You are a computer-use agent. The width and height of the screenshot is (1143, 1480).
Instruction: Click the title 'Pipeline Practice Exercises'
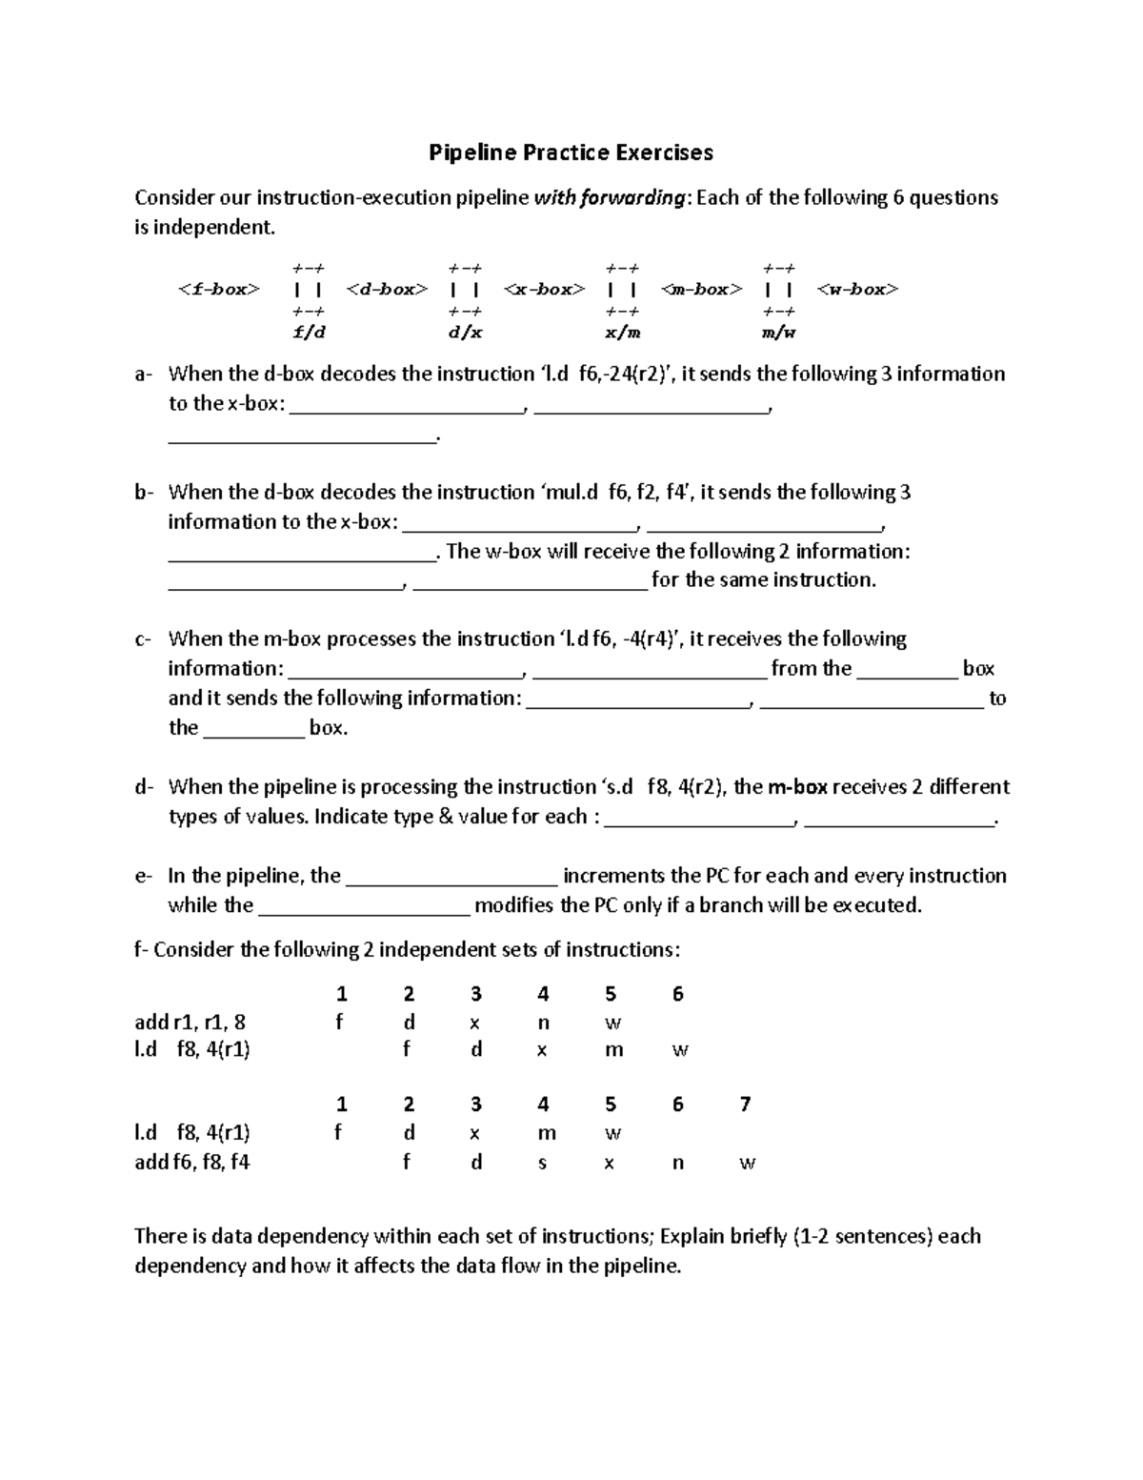coord(571,152)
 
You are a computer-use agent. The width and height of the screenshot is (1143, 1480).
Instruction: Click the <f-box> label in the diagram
coord(218,289)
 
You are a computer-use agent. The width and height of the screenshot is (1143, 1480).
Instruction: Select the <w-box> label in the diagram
coord(857,289)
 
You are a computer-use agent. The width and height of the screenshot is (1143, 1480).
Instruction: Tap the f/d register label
coord(309,333)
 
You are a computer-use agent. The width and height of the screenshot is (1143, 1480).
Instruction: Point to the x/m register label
coord(623,333)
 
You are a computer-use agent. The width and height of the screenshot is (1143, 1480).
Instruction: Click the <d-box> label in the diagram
coord(387,289)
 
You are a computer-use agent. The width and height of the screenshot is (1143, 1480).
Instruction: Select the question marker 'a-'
coord(143,375)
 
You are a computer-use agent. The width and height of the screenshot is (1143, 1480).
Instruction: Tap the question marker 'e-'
coord(143,876)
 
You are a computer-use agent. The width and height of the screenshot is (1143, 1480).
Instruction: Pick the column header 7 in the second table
coord(745,1104)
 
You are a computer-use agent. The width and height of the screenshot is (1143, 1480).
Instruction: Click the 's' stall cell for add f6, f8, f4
coord(542,1163)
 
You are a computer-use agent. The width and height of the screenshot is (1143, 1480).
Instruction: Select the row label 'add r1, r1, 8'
coord(190,1023)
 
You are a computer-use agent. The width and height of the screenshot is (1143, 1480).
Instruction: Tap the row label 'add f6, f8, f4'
coord(192,1163)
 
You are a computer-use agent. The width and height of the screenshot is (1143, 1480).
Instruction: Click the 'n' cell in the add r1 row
coord(543,1024)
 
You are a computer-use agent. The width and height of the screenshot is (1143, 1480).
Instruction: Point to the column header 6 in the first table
coord(677,994)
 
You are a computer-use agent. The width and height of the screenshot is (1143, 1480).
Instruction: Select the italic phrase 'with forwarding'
coord(610,198)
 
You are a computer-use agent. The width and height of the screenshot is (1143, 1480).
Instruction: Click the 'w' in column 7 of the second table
coord(747,1164)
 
